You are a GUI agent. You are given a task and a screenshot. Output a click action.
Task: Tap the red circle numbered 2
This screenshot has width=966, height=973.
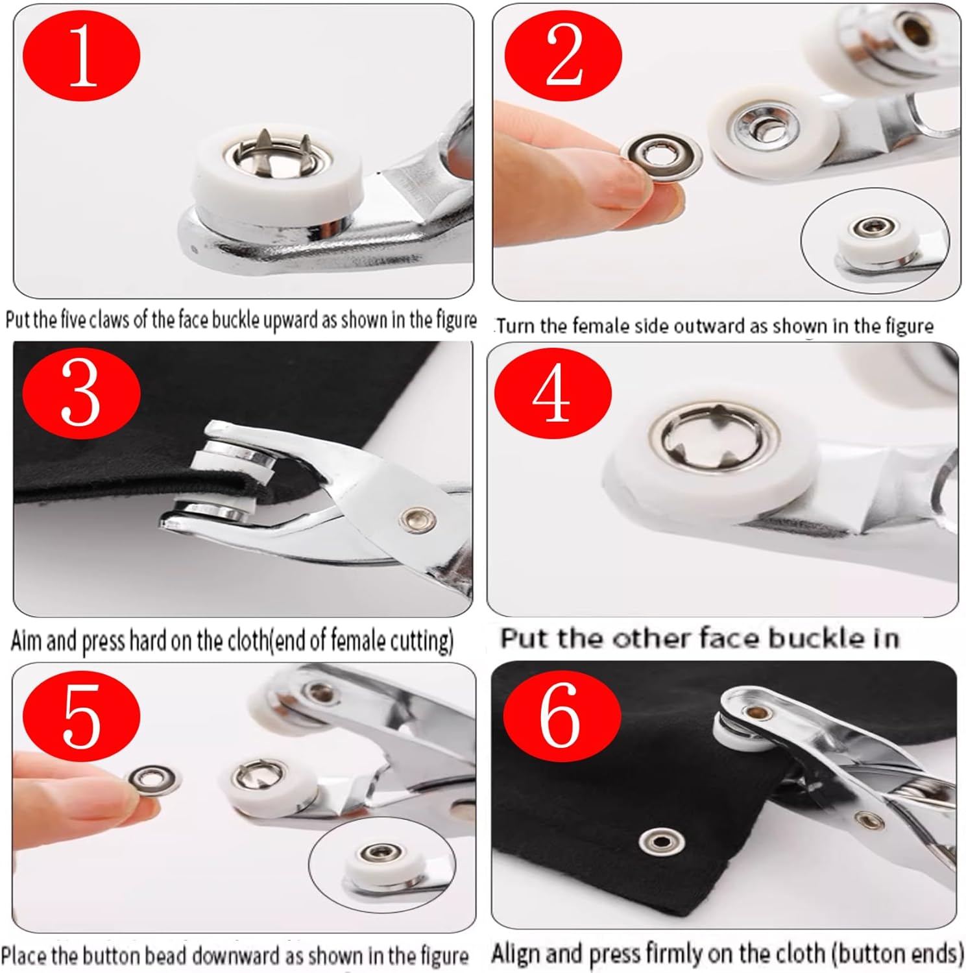point(563,57)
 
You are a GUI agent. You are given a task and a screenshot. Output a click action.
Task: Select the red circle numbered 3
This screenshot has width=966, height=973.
point(81,391)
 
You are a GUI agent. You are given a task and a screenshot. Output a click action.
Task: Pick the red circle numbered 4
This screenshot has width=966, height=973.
point(553,391)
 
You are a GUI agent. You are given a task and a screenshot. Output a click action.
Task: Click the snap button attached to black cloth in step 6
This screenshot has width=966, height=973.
point(660,842)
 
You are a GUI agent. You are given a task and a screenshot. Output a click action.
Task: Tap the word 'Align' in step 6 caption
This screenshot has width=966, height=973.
point(516,954)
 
